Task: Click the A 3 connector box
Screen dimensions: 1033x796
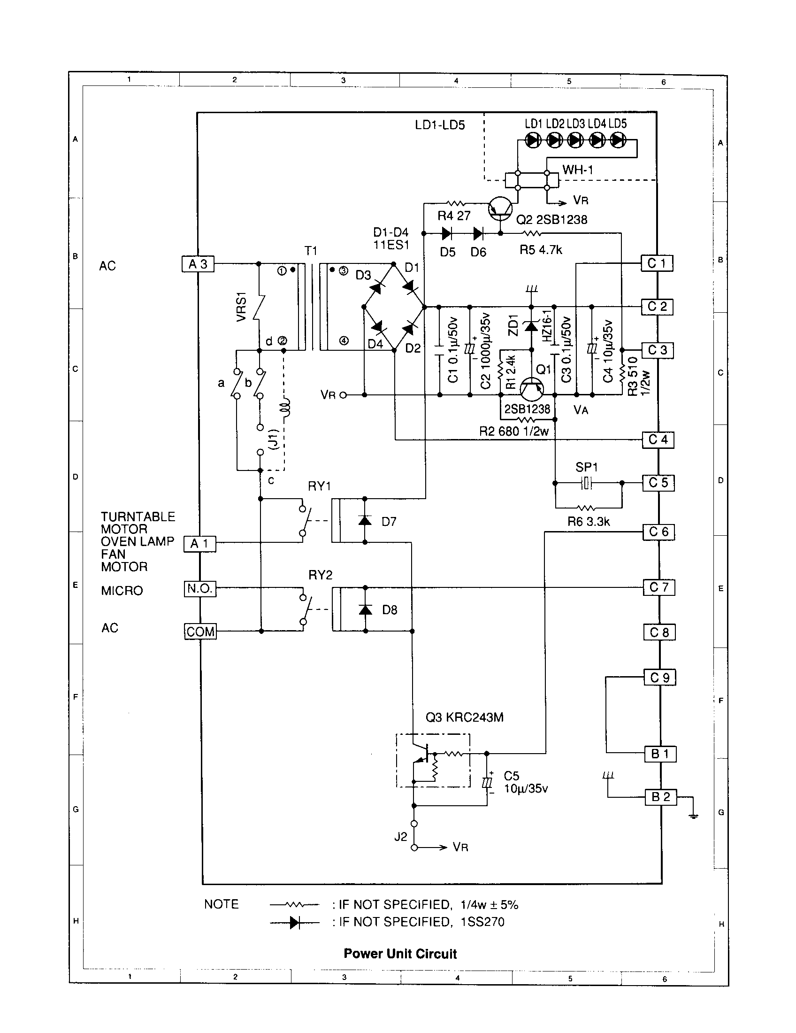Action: (198, 264)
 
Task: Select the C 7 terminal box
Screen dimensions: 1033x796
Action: (658, 587)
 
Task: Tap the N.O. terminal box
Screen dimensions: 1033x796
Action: (200, 589)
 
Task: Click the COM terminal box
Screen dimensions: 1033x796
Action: (200, 632)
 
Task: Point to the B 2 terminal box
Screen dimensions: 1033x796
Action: (660, 797)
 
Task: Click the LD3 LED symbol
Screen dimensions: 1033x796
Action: (575, 140)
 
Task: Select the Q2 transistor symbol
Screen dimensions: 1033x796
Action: (500, 208)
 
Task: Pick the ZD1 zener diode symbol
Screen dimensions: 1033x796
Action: (532, 326)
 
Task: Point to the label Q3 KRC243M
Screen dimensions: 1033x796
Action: (464, 717)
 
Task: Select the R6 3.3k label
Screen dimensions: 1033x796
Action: (589, 522)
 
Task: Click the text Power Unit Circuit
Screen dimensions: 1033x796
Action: (400, 954)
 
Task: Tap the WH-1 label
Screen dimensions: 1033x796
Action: (577, 170)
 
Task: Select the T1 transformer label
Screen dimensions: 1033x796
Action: (311, 251)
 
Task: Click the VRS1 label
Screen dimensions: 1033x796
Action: (242, 308)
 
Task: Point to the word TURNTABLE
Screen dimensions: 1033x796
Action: (138, 516)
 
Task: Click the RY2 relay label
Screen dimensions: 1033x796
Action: (320, 575)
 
